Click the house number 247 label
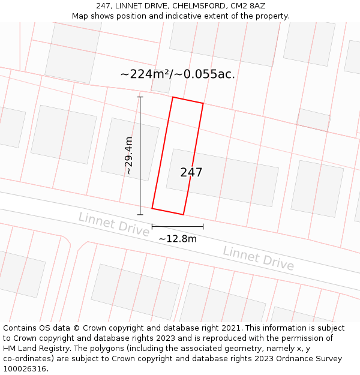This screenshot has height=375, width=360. (191, 172)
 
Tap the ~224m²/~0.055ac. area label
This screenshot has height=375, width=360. (178, 74)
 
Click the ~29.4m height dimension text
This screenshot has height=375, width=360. (128, 155)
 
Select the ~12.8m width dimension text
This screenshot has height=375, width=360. (178, 238)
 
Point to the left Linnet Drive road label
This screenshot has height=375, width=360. (113, 224)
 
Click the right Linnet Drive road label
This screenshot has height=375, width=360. (258, 257)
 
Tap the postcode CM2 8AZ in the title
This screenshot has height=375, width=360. (248, 6)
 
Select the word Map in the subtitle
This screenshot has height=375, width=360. (81, 16)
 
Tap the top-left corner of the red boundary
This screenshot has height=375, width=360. (173, 97)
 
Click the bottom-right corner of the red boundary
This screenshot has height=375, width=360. (183, 214)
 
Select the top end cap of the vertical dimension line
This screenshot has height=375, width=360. (140, 97)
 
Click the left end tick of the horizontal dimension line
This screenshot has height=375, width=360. (152, 226)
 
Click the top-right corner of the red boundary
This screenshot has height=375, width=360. (203, 104)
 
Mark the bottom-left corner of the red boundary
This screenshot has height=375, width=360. (152, 208)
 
